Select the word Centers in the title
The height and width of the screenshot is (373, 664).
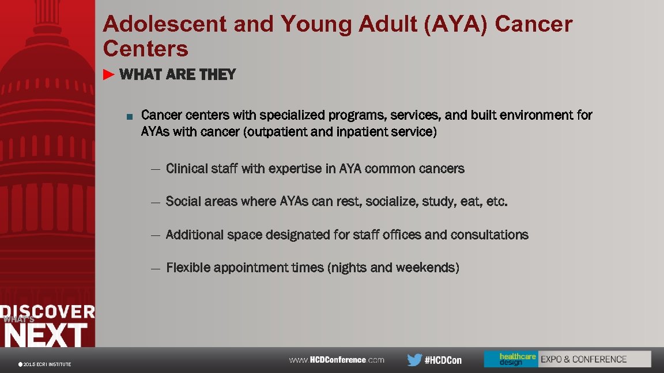tap(146, 50)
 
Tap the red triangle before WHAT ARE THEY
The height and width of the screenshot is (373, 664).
tap(110, 74)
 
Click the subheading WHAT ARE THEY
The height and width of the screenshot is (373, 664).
tap(178, 75)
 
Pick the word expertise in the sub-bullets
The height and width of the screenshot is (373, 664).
tap(295, 169)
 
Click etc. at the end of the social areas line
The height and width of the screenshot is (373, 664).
tap(497, 201)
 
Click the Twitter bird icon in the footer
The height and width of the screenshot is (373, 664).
tap(414, 360)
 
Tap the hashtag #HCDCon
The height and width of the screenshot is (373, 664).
tap(443, 360)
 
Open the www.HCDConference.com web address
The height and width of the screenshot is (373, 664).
tap(337, 360)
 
